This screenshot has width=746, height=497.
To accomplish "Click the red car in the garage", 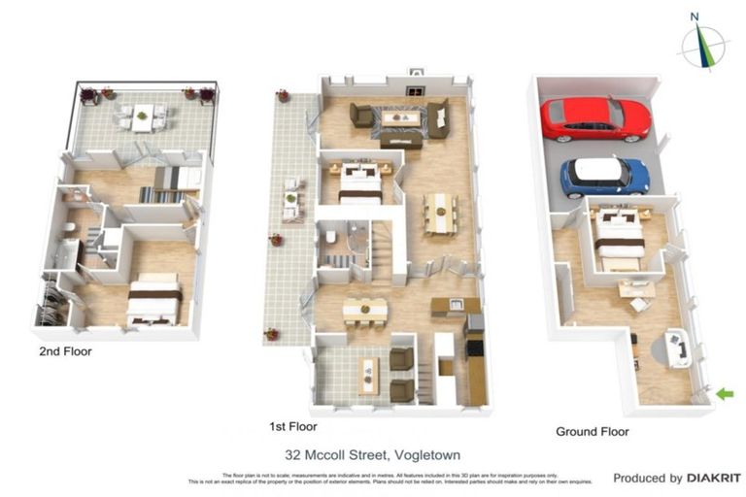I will coord(593,117).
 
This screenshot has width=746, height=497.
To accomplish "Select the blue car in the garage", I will coord(604,177).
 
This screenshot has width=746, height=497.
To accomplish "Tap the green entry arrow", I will coord(724,393).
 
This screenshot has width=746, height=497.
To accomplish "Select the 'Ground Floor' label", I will coord(592,431).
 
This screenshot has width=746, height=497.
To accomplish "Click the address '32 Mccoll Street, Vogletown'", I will coord(372,453).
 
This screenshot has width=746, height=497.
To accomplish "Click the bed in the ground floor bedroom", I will coord(619,239).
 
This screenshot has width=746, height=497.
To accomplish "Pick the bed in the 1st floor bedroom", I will coord(359,182).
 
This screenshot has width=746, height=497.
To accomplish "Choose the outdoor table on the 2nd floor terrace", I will coord(143,116).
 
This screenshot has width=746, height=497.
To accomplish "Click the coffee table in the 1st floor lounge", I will coord(399,118).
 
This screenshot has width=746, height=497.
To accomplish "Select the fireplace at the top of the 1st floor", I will coord(416,73).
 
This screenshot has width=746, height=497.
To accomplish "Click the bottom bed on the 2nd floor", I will coord(155,299).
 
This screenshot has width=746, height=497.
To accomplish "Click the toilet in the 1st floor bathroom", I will coord(330,238).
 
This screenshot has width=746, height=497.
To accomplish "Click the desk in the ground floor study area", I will coord(635,288).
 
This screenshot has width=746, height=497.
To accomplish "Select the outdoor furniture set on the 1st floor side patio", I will coord(290,199).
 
